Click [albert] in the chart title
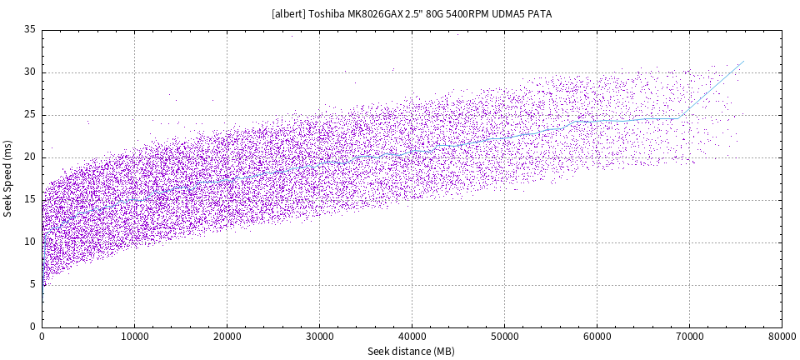pos(288,14)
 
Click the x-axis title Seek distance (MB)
pos(411,352)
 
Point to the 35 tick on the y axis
pos(30,30)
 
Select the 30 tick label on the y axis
pos(30,72)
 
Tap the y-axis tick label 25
pos(30,115)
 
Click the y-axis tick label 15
pos(30,199)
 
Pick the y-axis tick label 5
pos(32,284)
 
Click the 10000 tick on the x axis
pos(134,337)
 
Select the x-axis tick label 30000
pos(319,337)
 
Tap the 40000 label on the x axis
pos(412,337)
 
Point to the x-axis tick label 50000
pos(504,337)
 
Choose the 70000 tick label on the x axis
pos(689,337)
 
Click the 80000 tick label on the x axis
pos(781,337)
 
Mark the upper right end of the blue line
pos(743,61)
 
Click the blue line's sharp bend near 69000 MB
pos(679,117)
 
